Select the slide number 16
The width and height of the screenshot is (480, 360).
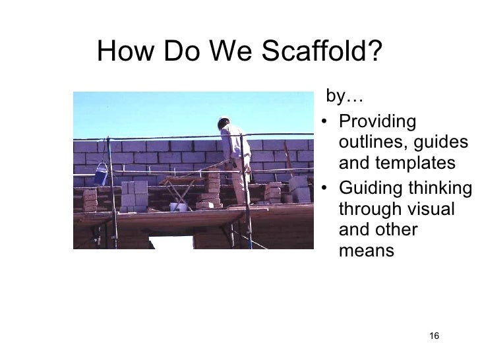coord(434,337)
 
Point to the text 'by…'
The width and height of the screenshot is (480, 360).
coord(344,98)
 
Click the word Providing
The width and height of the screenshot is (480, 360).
coord(376,122)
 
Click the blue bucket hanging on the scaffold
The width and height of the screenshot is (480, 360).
coord(101,175)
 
